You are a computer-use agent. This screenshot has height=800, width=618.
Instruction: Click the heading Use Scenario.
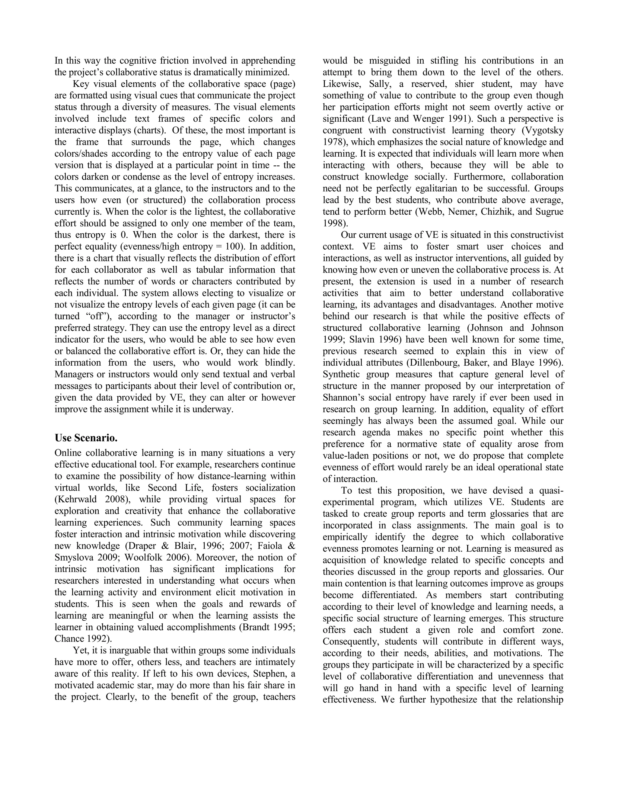[x=86, y=438]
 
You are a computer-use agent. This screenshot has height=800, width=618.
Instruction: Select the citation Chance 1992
[x=82, y=638]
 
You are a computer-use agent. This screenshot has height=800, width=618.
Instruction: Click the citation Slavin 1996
[x=370, y=340]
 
